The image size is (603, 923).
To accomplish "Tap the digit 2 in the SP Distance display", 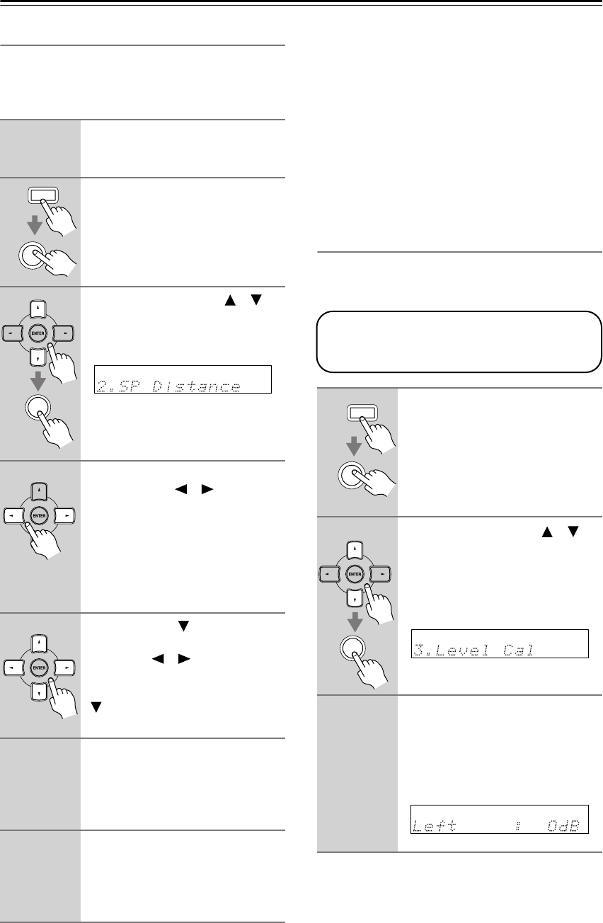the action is pyautogui.click(x=100, y=386).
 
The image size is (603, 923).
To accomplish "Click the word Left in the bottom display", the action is pyautogui.click(x=433, y=826).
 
